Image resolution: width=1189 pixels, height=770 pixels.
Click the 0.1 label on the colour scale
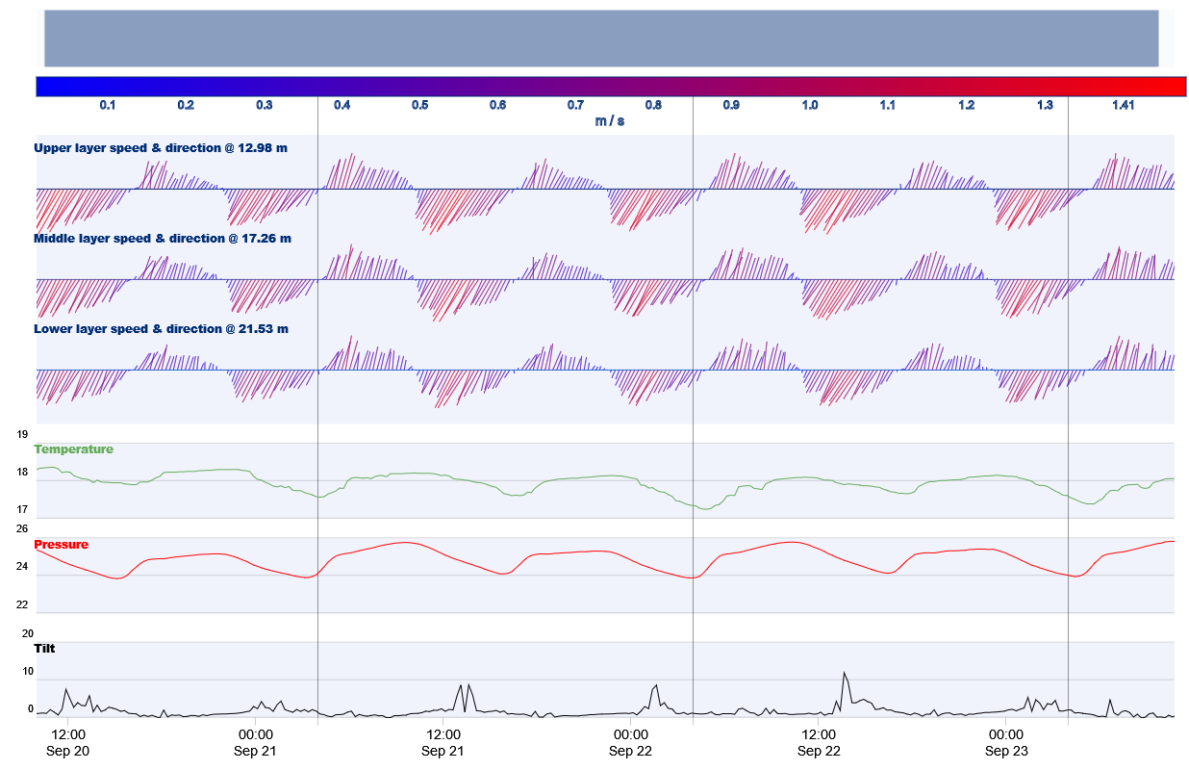(x=108, y=105)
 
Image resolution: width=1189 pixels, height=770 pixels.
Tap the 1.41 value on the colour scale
(x=1123, y=105)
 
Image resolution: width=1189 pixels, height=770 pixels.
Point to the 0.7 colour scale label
(x=575, y=105)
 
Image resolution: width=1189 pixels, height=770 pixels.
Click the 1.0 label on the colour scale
(x=810, y=105)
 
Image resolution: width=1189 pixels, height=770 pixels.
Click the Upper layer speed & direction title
(x=161, y=148)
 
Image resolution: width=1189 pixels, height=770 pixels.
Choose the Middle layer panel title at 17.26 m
(x=162, y=238)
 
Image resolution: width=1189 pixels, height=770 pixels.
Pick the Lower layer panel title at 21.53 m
(x=161, y=329)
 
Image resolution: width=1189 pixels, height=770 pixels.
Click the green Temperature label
(x=74, y=449)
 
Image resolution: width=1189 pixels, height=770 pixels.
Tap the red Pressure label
(x=62, y=545)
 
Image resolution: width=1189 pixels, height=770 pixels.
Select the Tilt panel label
(x=44, y=649)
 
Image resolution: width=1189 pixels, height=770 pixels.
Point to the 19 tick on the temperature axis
(x=22, y=434)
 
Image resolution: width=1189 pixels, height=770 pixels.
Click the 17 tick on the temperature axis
(x=22, y=509)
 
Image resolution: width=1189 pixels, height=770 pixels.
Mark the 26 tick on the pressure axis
(x=22, y=528)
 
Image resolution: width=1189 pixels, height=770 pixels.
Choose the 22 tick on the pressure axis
(x=22, y=604)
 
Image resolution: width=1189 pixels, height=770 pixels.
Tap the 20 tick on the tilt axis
(x=28, y=633)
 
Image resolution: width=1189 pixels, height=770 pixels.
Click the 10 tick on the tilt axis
(x=28, y=671)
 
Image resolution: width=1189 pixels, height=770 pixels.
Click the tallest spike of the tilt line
(x=844, y=673)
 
